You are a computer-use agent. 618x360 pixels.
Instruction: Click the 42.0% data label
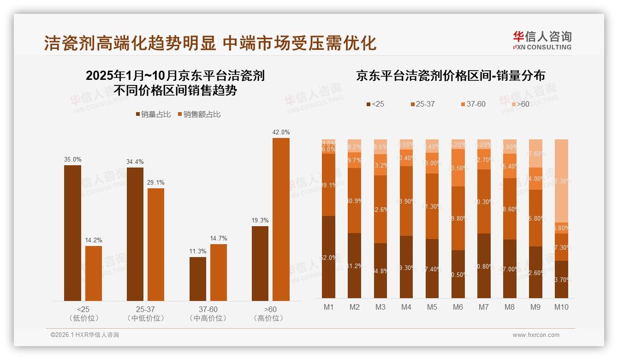coord(281,132)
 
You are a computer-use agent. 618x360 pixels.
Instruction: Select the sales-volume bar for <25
coord(72,233)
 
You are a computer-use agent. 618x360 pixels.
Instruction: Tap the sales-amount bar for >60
coord(281,219)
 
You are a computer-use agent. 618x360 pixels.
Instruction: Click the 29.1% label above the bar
coord(156,183)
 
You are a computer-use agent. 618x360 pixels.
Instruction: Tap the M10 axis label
coord(561,307)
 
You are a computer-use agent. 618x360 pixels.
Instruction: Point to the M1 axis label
coord(328,307)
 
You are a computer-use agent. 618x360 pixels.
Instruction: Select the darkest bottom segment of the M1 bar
coord(328,257)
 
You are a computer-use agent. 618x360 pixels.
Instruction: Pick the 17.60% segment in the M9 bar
coord(535,154)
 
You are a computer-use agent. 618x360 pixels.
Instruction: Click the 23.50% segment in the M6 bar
coord(458,168)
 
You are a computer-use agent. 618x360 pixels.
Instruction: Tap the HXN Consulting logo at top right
coord(542,40)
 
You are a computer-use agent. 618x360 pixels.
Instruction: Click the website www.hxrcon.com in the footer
coord(536,335)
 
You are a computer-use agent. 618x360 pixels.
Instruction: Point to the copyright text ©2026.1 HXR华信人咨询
coord(85,335)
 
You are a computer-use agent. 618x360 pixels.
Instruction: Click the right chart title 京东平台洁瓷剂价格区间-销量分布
coord(450,76)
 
